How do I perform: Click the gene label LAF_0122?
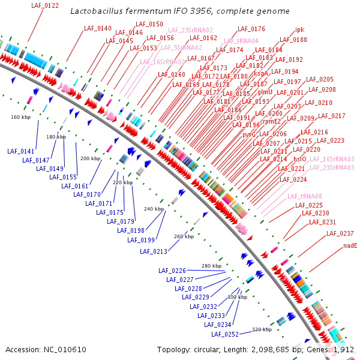click(x=44, y=5)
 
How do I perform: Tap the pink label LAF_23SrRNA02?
click(x=190, y=30)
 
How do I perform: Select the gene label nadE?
click(x=350, y=245)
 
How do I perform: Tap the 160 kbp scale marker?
click(x=20, y=117)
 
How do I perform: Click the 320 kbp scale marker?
click(x=262, y=329)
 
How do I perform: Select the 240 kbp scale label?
click(x=154, y=209)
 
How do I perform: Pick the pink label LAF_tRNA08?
click(x=305, y=196)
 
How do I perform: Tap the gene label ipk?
click(x=300, y=29)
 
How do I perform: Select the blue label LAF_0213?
click(x=154, y=251)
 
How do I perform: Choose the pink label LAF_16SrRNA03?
click(x=332, y=159)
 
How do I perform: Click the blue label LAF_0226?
click(x=172, y=271)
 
